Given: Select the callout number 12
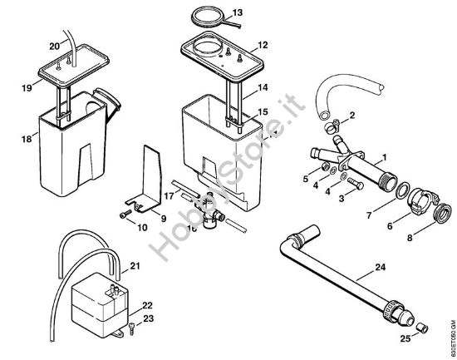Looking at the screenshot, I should [263, 44].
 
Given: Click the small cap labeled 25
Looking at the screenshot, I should [421, 327].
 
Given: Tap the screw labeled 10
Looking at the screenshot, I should [122, 215].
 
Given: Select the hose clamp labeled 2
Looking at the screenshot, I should [332, 127].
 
